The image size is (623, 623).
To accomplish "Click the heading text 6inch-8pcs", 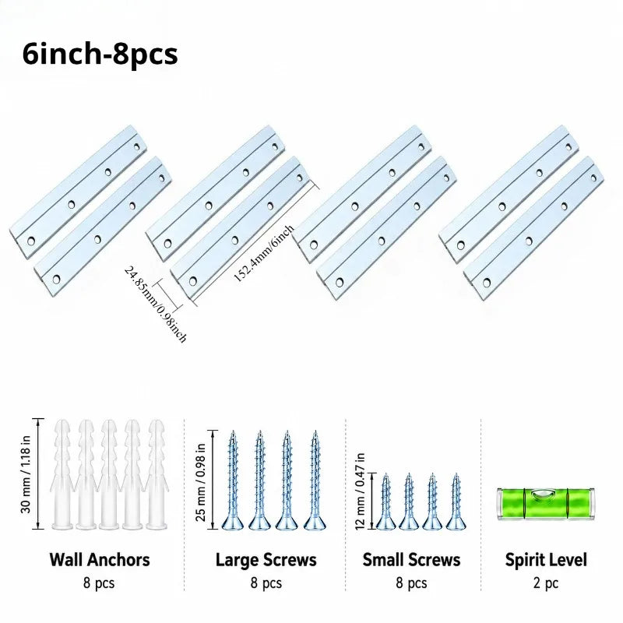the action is pos(100,54).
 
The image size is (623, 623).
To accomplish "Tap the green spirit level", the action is pos(546,503).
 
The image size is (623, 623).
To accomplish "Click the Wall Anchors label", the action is pos(100,560).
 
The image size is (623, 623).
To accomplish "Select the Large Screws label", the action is pos(266,560).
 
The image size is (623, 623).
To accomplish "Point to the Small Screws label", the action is pos(411,560).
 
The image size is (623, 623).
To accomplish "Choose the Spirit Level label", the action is pos(546,560).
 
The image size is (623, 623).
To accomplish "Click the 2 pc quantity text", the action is pos(546,583).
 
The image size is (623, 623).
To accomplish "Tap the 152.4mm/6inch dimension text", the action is pos(264,253).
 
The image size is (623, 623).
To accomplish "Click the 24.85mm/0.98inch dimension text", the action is pos(155,304).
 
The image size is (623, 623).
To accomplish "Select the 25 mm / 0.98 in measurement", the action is pos(201,482).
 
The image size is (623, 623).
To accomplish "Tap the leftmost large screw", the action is pos(232,480).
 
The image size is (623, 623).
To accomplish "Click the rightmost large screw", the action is pos(315,480).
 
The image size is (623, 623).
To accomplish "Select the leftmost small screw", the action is pos(385,502).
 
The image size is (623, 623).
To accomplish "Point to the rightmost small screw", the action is pos(456,502).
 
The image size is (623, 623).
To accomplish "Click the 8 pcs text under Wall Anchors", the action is pos(99,583).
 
